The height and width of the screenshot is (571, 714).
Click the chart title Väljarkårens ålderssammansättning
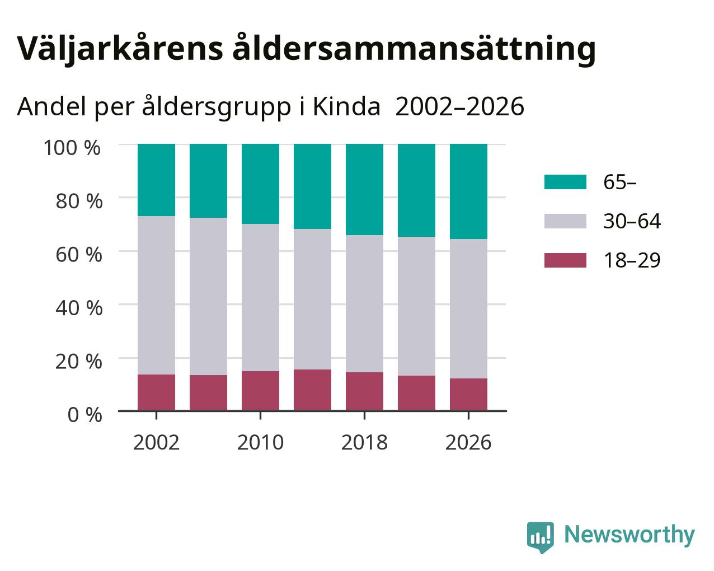(x=307, y=49)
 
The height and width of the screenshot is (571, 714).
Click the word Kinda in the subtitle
(x=346, y=107)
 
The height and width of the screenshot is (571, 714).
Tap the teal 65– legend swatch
(x=565, y=182)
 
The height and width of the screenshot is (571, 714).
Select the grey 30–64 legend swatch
(x=565, y=221)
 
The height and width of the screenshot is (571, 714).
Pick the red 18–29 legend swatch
(x=565, y=260)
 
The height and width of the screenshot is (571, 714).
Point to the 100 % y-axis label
(x=72, y=148)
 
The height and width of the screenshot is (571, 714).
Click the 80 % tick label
(x=79, y=202)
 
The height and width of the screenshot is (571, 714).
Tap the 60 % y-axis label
(x=79, y=255)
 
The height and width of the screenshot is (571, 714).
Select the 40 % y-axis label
(x=79, y=308)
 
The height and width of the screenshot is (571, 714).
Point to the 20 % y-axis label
(x=79, y=362)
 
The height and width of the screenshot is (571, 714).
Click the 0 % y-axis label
(x=85, y=415)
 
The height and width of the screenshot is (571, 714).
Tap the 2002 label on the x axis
(x=156, y=442)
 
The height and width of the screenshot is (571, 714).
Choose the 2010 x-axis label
(x=260, y=442)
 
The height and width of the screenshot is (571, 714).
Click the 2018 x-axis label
(x=364, y=442)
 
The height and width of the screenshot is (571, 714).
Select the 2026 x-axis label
(x=468, y=442)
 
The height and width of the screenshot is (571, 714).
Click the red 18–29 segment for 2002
(x=156, y=393)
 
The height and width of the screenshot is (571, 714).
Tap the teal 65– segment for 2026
(x=468, y=191)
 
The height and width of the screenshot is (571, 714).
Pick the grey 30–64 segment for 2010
(x=260, y=297)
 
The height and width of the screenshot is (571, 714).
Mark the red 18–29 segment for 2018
(x=364, y=391)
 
